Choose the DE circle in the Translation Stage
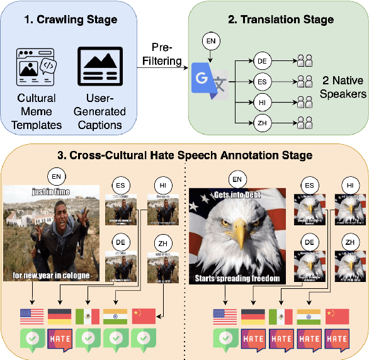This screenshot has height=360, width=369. click(263, 61)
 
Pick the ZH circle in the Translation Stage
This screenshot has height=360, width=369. click(263, 123)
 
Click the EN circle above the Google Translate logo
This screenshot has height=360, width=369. click(211, 42)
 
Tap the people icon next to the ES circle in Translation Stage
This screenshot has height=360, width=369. click(305, 81)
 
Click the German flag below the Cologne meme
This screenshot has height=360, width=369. click(59, 316)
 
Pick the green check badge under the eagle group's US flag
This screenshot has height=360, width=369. click(225, 339)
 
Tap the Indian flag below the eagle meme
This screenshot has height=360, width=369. click(309, 316)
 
